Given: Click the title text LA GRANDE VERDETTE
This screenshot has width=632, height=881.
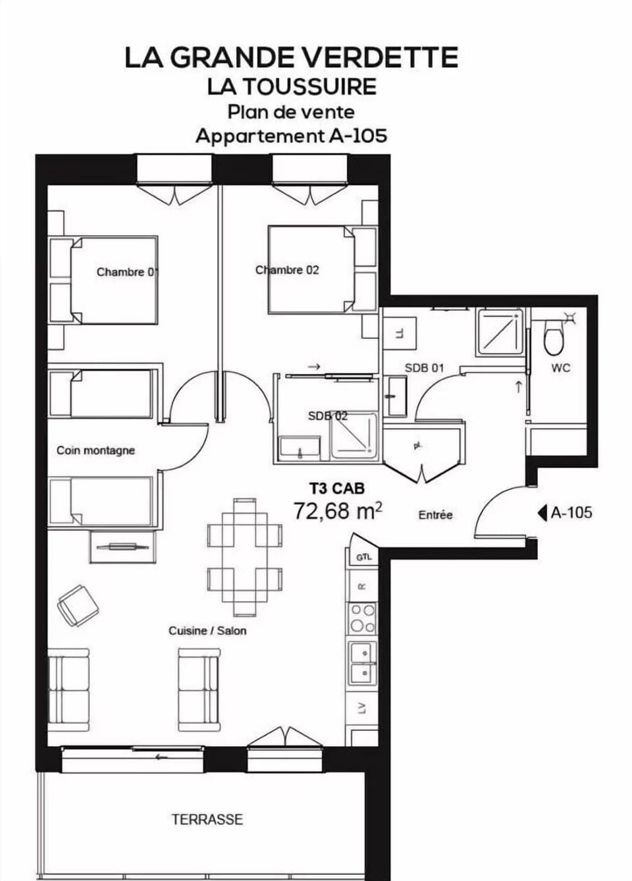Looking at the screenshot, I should [x=291, y=58].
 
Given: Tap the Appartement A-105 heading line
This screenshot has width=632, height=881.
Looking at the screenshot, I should [x=291, y=136].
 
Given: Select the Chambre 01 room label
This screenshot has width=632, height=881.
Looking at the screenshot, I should [x=127, y=272].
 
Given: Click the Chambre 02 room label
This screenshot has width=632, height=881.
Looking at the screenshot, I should [x=287, y=270].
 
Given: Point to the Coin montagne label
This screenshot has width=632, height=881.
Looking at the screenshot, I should [x=95, y=450].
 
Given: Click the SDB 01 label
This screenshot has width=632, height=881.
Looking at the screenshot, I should [x=424, y=367].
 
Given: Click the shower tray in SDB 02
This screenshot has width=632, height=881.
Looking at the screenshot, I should [x=354, y=436].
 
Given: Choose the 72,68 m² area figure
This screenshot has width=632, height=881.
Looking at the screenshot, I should [x=338, y=511].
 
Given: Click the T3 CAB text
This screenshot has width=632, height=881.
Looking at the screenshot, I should [x=336, y=489].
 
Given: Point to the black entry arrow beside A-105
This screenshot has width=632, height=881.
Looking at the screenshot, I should [x=542, y=512].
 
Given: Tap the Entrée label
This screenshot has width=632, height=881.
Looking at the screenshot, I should [x=435, y=515].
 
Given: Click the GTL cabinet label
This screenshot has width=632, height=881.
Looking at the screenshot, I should [x=363, y=557].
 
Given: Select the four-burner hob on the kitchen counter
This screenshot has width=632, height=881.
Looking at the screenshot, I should [x=363, y=618].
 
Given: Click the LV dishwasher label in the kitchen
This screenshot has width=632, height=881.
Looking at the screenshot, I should [x=361, y=708].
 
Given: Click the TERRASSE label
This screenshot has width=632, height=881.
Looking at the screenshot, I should [x=207, y=819].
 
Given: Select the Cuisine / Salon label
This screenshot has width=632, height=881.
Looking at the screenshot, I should [x=207, y=631].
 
